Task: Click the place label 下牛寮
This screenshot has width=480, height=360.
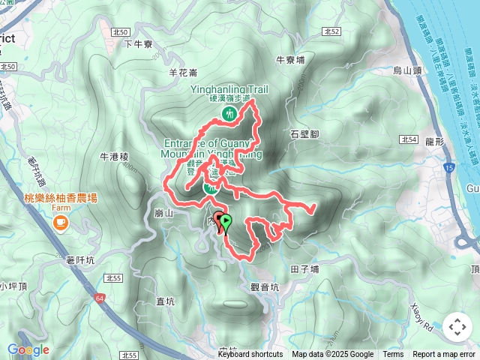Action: click(137, 44)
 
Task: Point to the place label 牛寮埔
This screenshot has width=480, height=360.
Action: click(290, 59)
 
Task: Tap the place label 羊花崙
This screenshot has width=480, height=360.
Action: click(183, 73)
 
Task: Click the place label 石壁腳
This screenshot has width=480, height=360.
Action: click(304, 133)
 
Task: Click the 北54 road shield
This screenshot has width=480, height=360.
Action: click(408, 139)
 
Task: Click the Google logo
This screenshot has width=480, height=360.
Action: click(28, 349)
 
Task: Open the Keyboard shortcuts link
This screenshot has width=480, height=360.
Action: click(250, 355)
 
